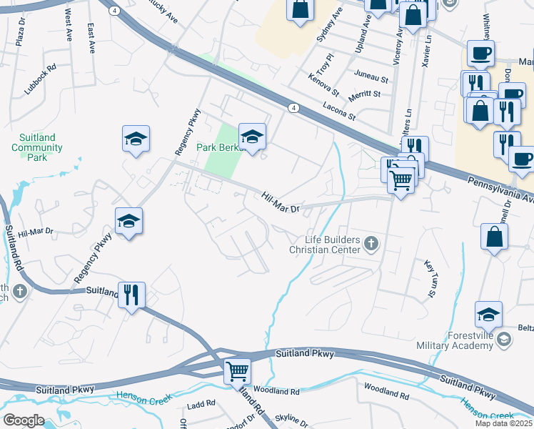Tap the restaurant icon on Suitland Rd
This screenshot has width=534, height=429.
coord(131,295)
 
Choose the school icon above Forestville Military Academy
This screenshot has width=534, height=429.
coord(488,314)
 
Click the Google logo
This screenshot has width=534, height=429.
coord(24,420)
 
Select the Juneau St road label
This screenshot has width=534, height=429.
coord(370,78)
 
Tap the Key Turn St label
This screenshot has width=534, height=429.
coord(431,279)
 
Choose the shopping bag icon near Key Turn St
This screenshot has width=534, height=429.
coord(494,237)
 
